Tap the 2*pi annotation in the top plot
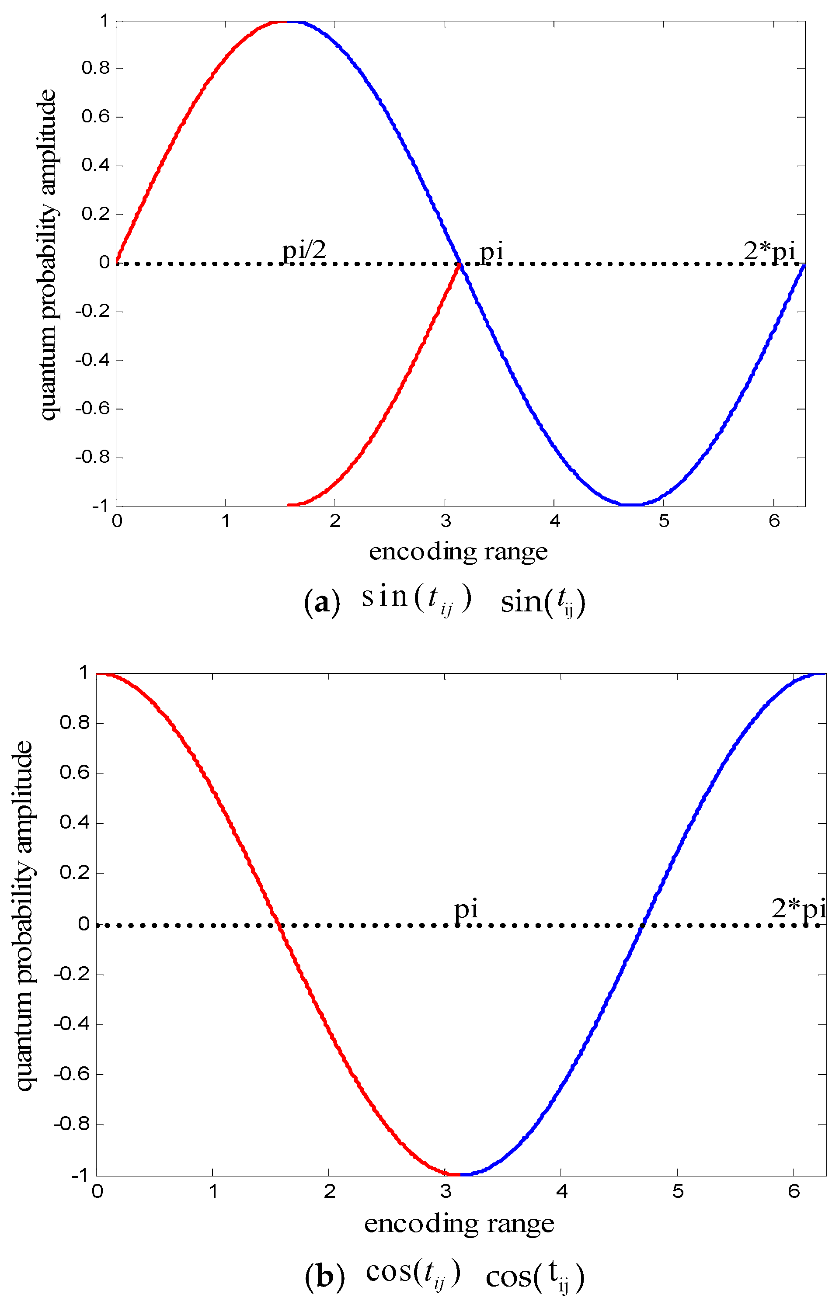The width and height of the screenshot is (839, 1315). (769, 251)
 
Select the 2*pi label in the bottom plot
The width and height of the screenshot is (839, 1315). (798, 908)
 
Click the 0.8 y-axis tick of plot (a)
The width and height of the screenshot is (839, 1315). (96, 68)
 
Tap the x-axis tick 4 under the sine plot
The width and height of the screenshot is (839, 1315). (555, 521)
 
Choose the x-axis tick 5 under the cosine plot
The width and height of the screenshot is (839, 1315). (678, 1191)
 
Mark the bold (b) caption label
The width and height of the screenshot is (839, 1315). (324, 1277)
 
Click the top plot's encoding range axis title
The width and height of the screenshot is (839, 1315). (458, 552)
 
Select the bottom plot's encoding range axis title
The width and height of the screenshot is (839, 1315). (459, 1224)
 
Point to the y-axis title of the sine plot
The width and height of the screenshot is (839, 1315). (48, 256)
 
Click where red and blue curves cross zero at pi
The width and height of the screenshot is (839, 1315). (460, 264)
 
